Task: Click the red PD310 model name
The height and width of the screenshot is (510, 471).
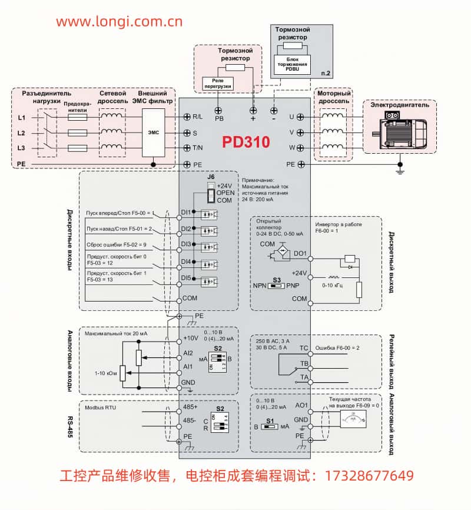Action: click(x=246, y=143)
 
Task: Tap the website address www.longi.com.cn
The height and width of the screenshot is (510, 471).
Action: click(x=120, y=22)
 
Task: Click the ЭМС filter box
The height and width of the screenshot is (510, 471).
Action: click(x=153, y=133)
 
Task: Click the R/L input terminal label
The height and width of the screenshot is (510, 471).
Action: click(x=198, y=117)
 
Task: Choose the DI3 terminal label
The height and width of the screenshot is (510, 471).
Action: click(x=185, y=244)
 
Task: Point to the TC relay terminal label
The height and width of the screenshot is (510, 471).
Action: click(x=304, y=348)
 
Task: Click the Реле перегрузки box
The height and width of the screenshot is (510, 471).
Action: click(x=217, y=83)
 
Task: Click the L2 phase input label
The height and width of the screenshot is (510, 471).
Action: click(x=21, y=133)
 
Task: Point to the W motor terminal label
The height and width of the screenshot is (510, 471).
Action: click(x=291, y=147)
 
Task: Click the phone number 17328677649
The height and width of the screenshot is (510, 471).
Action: click(x=365, y=475)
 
